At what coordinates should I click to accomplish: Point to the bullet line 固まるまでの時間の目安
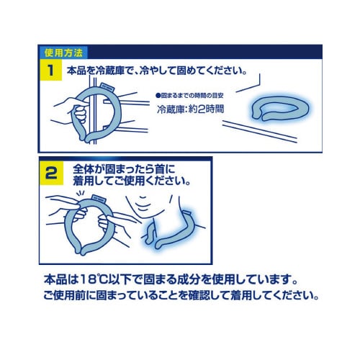point(196,95)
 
